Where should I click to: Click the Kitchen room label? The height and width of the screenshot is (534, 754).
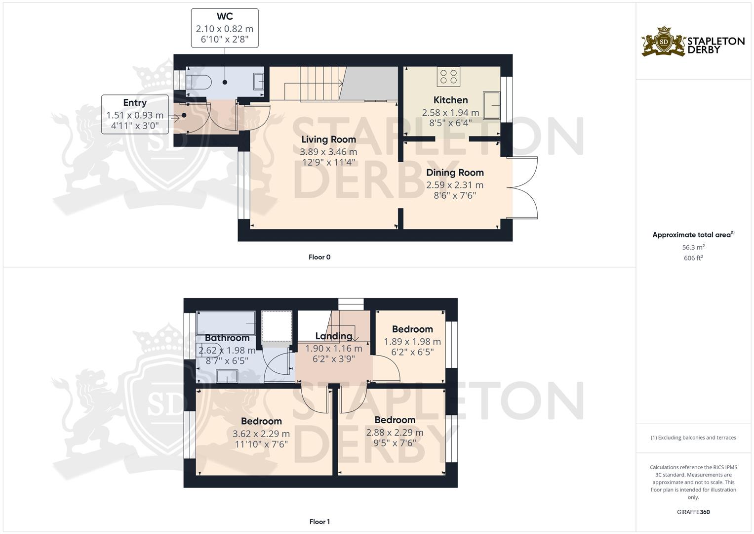tap(450, 100)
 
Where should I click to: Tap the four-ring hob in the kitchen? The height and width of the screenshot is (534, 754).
tap(448, 77)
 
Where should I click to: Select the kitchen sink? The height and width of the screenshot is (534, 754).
tap(491, 105)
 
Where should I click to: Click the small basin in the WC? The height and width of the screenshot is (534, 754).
tap(259, 81)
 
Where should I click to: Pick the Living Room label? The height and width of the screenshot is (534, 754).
tap(328, 139)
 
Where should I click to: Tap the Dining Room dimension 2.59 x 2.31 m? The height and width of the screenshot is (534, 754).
tap(455, 185)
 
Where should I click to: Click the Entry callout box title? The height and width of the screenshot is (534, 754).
tap(135, 102)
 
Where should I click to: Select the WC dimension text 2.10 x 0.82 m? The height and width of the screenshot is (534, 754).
tap(225, 29)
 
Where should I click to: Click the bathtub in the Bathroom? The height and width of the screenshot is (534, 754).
tap(226, 323)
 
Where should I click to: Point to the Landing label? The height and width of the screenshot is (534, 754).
tap(334, 336)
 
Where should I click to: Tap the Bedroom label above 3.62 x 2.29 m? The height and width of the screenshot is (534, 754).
tap(261, 421)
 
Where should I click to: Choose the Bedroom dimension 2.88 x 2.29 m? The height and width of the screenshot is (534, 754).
tap(395, 432)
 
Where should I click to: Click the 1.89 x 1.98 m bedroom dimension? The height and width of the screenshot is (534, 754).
tap(412, 342)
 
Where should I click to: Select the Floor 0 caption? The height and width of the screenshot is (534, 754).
tap(319, 257)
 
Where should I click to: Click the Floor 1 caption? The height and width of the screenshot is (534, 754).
tap(319, 522)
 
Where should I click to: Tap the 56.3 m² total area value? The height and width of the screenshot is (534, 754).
tap(693, 247)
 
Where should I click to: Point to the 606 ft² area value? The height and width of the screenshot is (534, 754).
tap(693, 258)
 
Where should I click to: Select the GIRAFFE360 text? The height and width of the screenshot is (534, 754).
tap(693, 512)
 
